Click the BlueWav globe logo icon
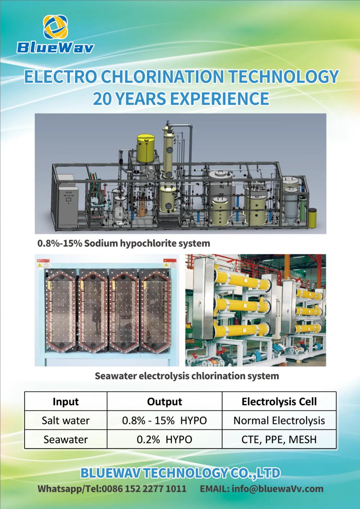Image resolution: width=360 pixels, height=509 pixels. click(x=55, y=27)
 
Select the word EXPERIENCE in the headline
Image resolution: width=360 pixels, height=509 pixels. click(x=220, y=99)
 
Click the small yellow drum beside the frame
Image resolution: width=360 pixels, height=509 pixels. click(x=312, y=218)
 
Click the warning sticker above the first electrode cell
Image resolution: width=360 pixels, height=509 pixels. click(x=43, y=263)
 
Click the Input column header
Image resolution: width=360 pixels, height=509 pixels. click(x=66, y=401)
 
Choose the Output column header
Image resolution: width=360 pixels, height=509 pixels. click(x=165, y=401)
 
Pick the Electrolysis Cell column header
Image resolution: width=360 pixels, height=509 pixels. click(x=279, y=401)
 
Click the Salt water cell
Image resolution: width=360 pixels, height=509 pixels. click(x=66, y=421)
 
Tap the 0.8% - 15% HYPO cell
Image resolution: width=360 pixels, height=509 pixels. click(x=165, y=421)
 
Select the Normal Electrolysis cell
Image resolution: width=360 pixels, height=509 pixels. click(x=279, y=421)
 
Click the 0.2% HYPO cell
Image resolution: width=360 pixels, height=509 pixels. click(x=165, y=440)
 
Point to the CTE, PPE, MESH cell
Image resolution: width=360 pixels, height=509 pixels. click(x=279, y=440)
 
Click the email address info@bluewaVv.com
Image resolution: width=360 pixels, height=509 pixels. click(x=278, y=489)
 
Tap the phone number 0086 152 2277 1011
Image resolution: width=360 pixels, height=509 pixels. click(x=144, y=489)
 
